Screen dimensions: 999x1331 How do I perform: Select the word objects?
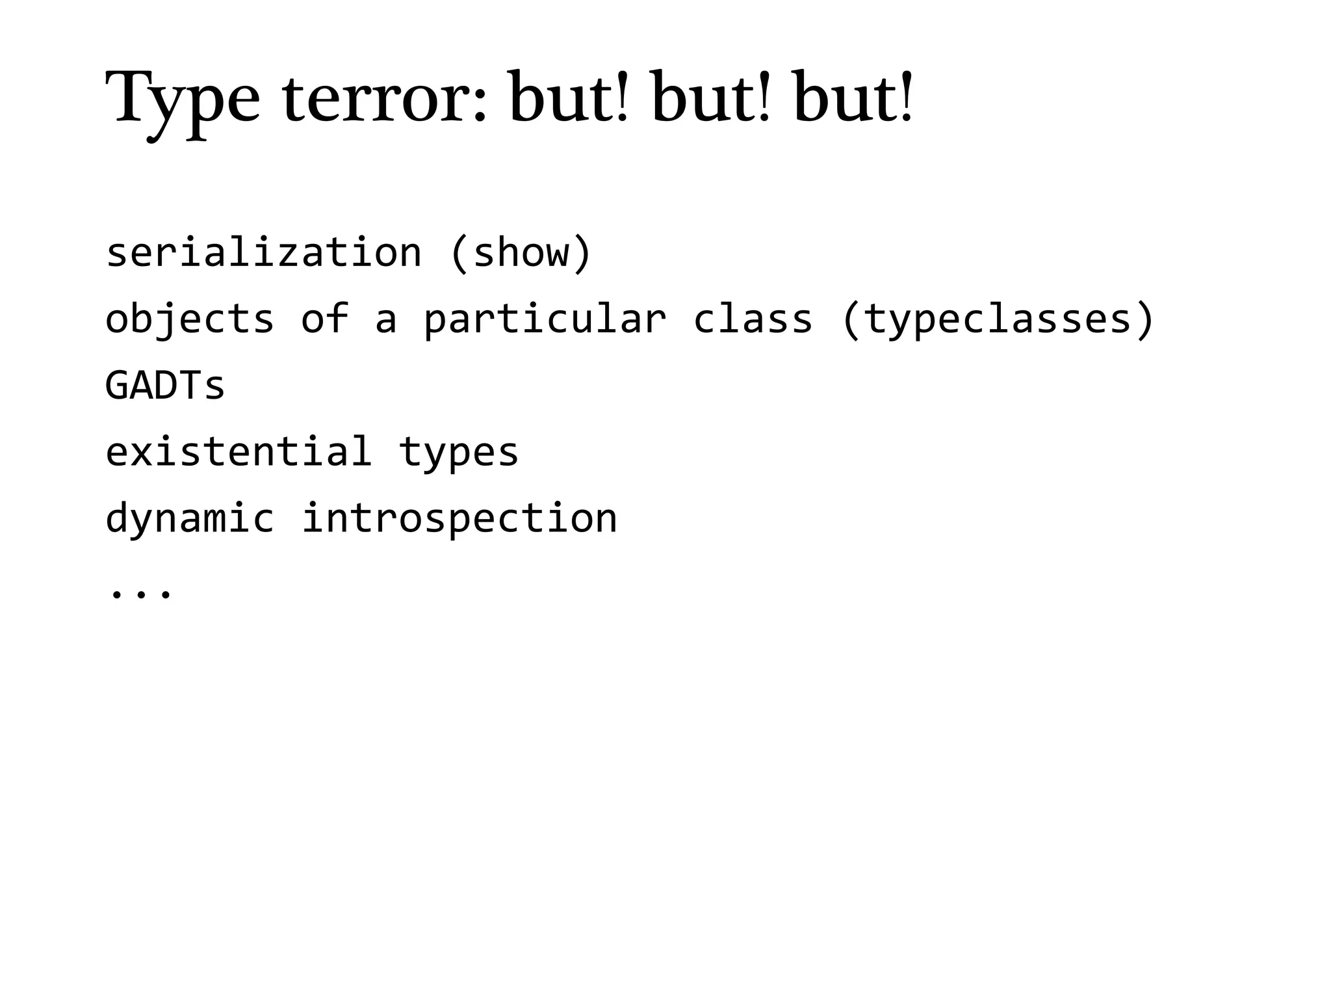coord(189,320)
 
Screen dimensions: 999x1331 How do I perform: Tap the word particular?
coord(545,320)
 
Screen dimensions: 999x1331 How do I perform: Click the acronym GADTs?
coord(165,385)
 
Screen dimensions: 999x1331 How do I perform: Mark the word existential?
coord(239,451)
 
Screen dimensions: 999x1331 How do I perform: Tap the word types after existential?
coord(459,453)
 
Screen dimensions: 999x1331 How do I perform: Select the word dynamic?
coord(189,519)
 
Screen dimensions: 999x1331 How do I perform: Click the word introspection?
coord(459,519)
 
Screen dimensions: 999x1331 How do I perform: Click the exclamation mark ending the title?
coord(905,98)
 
